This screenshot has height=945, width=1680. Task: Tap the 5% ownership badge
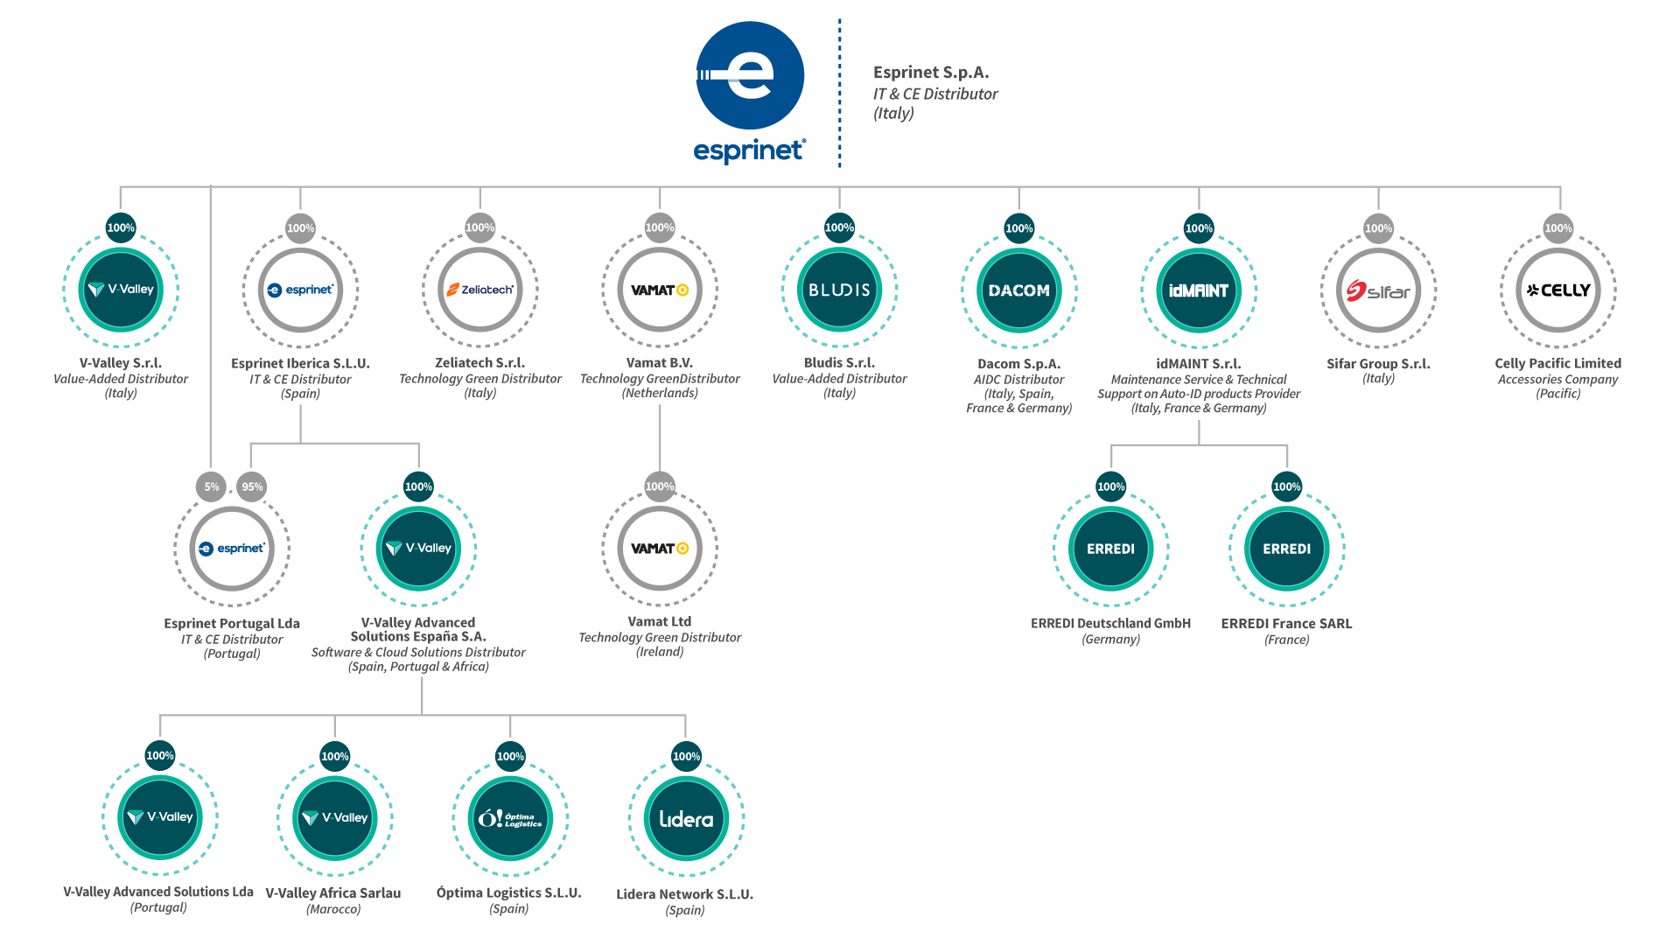click(x=212, y=486)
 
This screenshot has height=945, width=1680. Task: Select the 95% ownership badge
click(x=252, y=486)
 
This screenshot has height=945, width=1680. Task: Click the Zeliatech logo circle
click(x=479, y=290)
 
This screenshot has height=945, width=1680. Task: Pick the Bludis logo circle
click(x=839, y=290)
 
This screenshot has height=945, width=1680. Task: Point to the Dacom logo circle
click(x=1018, y=290)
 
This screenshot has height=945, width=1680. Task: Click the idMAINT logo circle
click(x=1199, y=290)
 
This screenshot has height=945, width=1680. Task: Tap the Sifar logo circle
click(x=1378, y=290)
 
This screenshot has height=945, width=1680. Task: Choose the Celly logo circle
click(x=1558, y=290)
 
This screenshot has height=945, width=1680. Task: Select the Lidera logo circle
click(x=686, y=819)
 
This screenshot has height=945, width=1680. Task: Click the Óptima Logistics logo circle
click(x=510, y=819)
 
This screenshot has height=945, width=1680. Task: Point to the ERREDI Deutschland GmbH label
click(x=1110, y=623)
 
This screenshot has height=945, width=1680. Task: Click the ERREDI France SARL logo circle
click(x=1287, y=549)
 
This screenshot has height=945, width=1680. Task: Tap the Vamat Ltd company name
click(x=660, y=621)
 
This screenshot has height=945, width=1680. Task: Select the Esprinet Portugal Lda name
click(x=232, y=623)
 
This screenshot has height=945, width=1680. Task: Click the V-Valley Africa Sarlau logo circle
click(x=335, y=818)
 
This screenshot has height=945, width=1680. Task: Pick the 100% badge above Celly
click(x=1558, y=228)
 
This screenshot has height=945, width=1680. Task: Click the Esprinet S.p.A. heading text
click(x=931, y=73)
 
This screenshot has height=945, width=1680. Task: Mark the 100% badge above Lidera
click(x=686, y=756)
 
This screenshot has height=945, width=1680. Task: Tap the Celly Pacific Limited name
click(x=1557, y=363)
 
